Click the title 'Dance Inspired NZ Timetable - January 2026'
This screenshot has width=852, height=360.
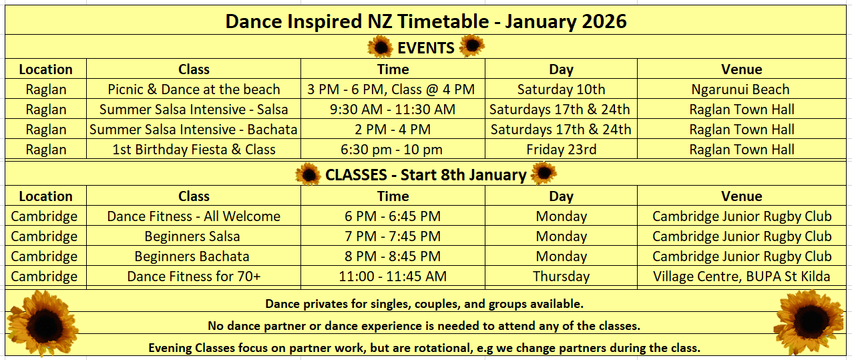pos(425,21)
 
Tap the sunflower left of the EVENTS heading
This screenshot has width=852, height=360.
pos(380,47)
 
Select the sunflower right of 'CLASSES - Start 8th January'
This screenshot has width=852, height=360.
pos(544,173)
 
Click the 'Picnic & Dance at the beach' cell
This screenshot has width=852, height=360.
pos(194,89)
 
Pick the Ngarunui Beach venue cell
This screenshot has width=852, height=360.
pos(740,89)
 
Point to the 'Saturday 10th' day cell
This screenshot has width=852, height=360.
pos(561,89)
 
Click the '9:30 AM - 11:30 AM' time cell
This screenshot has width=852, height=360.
pos(393,110)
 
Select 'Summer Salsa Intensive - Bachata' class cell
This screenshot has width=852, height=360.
pos(193,130)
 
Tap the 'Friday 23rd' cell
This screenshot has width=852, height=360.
pos(561,150)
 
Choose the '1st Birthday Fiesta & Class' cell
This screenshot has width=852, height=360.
pos(194,150)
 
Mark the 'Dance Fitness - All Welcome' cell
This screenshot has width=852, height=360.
pos(194,216)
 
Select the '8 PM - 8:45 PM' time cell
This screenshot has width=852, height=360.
pos(393,256)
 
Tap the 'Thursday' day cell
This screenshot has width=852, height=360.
pos(561,277)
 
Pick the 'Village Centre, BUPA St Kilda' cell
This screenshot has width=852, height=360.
pos(741,277)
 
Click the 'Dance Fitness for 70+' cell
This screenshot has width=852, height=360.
pos(194,277)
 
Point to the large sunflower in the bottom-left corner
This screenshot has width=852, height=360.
pos(43,323)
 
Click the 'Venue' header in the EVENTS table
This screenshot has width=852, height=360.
pos(741,69)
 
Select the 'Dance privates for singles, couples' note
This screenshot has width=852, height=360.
pos(424,304)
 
